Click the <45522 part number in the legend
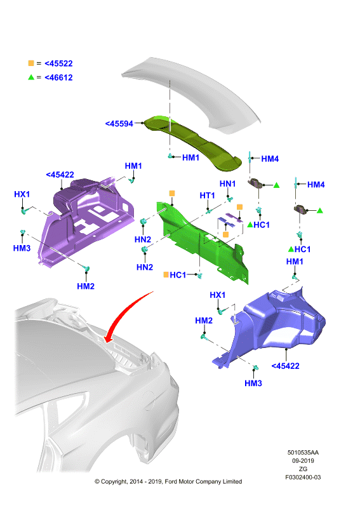click(x=58, y=63)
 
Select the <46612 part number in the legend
click(x=58, y=77)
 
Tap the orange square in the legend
click(x=31, y=63)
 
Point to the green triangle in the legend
click(x=31, y=77)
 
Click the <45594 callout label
click(x=119, y=124)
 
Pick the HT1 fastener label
click(x=207, y=196)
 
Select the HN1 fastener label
click(x=227, y=184)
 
